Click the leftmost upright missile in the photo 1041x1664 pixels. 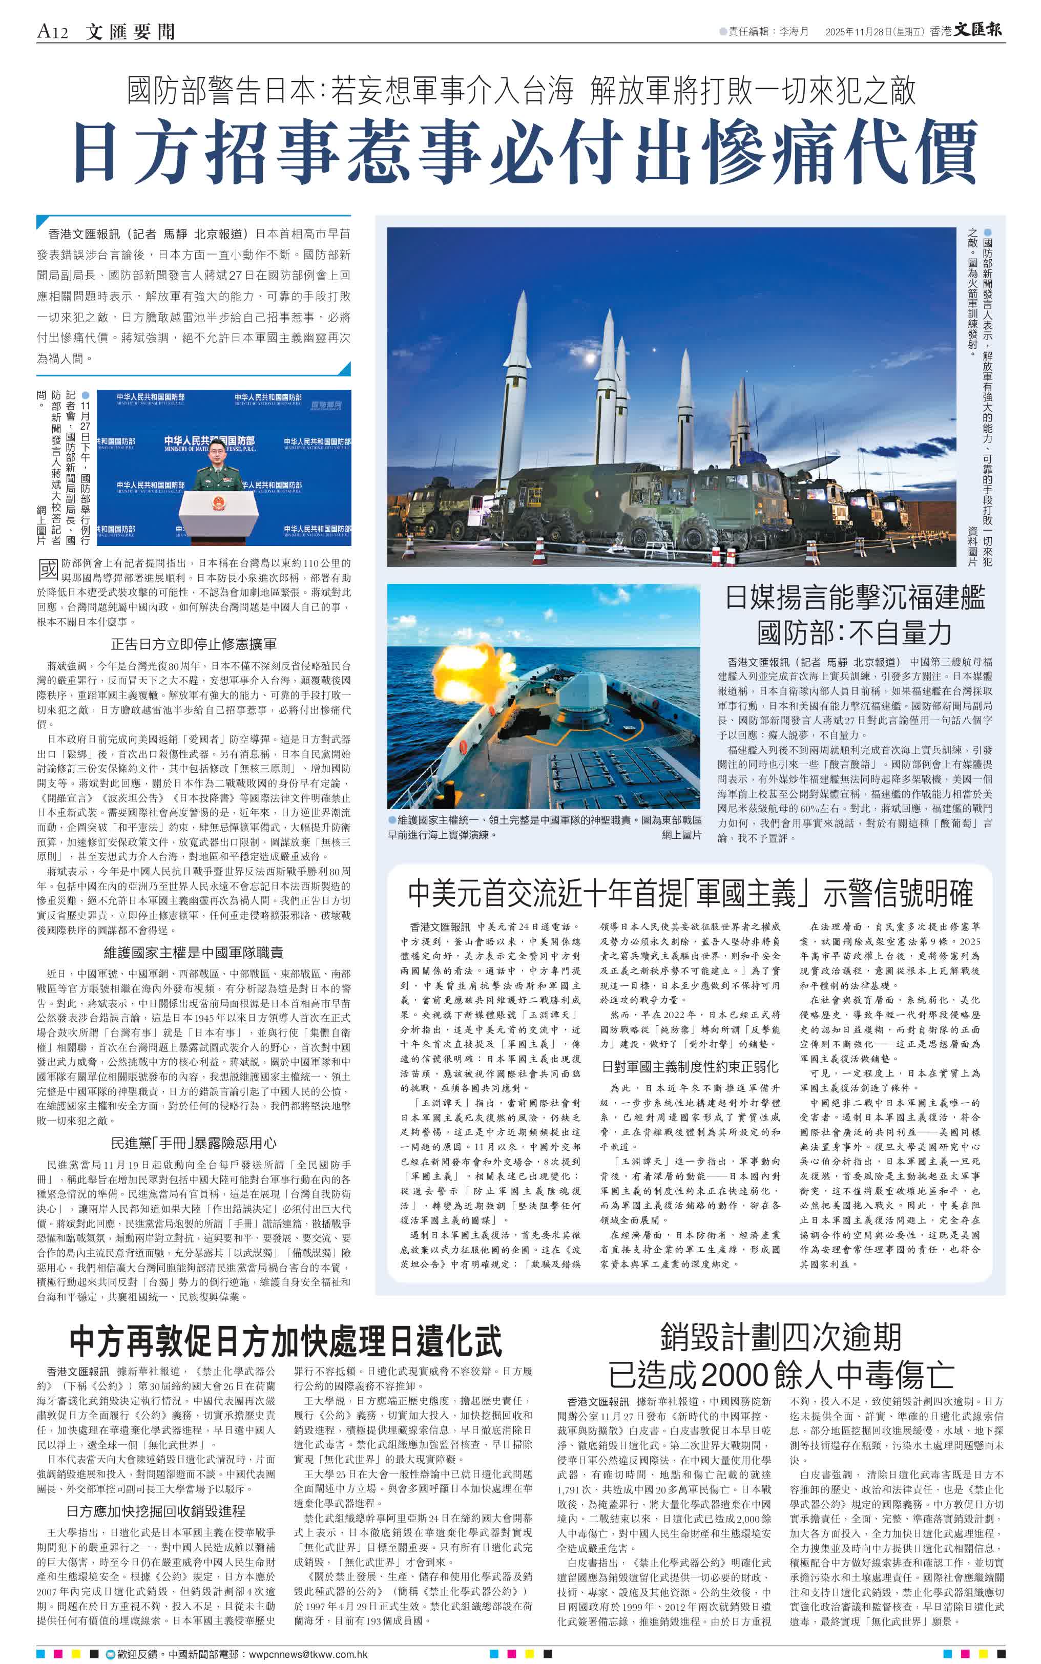[518, 365]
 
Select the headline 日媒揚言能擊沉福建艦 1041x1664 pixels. [855, 597]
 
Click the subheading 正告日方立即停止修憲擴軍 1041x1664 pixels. [194, 645]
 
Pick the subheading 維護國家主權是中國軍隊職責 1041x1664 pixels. [194, 953]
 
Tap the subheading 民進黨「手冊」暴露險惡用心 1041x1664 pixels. [194, 1143]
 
